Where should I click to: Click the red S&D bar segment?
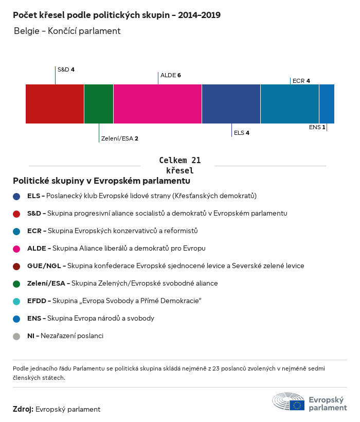click(x=55, y=104)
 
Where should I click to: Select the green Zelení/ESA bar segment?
click(x=99, y=104)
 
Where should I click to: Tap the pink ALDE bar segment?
click(x=157, y=104)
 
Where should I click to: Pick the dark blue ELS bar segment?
click(x=231, y=104)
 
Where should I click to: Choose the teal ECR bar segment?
click(x=290, y=104)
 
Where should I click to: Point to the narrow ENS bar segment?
click(x=327, y=104)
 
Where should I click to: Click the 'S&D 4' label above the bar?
click(x=66, y=69)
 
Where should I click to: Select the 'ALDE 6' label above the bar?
click(x=171, y=75)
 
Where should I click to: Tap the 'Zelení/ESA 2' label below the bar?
click(x=120, y=138)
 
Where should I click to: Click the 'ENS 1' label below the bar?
click(x=317, y=127)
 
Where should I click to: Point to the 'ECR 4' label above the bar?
click(x=301, y=81)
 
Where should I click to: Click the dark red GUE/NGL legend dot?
click(x=17, y=266)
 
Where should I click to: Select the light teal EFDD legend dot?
click(x=17, y=301)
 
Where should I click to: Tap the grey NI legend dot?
click(x=17, y=336)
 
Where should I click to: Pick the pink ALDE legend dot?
click(x=17, y=249)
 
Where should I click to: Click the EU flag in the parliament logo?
click(x=297, y=405)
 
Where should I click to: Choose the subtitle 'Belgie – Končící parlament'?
click(x=67, y=31)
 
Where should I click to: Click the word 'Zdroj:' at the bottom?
click(x=23, y=410)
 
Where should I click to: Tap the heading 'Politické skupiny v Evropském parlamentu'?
click(x=101, y=181)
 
